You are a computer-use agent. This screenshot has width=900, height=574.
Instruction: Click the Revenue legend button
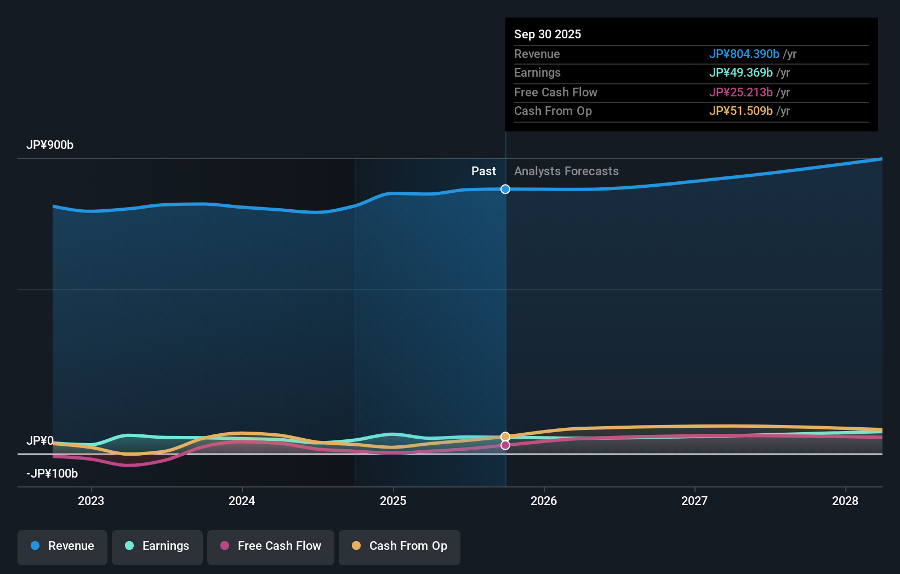point(62,547)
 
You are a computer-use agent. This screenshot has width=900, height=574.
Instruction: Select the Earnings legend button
point(157,547)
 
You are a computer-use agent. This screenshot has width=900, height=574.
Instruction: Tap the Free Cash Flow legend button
point(271,547)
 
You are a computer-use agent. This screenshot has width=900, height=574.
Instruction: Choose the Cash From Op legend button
point(400,547)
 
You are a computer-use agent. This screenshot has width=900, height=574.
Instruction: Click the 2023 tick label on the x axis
point(91,501)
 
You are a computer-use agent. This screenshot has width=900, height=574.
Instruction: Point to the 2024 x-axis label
point(242,501)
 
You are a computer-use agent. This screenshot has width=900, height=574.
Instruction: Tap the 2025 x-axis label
point(393,501)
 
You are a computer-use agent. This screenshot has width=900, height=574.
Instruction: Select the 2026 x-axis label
point(544,501)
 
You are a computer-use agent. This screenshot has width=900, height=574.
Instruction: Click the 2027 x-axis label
point(694,501)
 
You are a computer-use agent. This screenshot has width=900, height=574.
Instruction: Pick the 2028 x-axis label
point(845,501)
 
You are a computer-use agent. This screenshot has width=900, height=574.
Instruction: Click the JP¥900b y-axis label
point(50,145)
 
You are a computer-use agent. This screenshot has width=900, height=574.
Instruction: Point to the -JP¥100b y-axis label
point(52,474)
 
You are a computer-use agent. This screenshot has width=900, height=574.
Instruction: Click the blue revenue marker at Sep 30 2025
point(505,189)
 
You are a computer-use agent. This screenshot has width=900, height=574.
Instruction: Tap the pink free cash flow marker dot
point(505,445)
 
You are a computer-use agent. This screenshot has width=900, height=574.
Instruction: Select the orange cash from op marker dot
point(505,437)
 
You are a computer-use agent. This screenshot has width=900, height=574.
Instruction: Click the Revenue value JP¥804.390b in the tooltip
point(744,54)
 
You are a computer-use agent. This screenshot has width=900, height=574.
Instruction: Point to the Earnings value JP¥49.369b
point(740,73)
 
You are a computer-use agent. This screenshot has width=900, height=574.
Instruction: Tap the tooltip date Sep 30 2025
point(548,35)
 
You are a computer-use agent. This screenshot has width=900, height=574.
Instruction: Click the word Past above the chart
point(483,171)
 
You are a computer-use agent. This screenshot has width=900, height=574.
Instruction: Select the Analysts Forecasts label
point(566,171)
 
